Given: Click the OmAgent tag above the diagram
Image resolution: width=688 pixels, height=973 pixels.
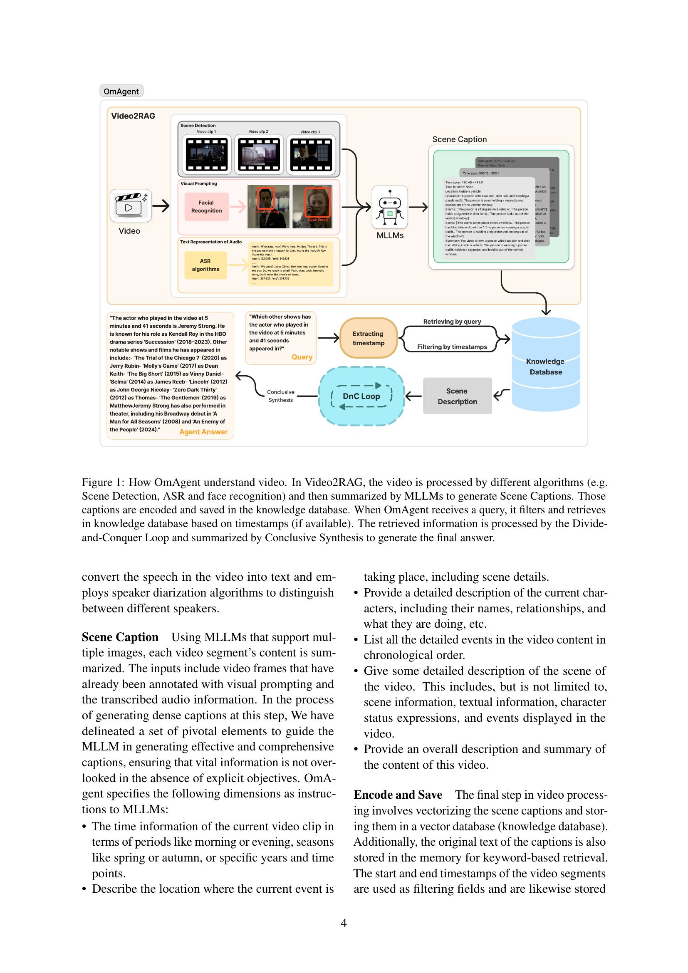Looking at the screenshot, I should (x=121, y=91).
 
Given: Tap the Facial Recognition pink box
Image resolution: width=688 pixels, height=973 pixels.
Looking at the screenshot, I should (x=206, y=207).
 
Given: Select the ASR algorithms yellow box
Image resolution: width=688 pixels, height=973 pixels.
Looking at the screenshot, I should (x=205, y=265).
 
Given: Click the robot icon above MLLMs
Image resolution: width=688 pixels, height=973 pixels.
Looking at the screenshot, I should (x=390, y=207).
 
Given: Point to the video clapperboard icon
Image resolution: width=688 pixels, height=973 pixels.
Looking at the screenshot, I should (x=131, y=205).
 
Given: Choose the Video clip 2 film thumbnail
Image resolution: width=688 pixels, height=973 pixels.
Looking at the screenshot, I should (x=258, y=155).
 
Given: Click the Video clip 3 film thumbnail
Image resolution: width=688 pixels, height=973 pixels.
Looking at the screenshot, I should (x=311, y=155).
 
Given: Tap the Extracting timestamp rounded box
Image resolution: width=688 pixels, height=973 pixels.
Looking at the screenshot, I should (x=368, y=338).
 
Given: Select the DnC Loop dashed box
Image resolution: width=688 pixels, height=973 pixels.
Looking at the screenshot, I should (x=361, y=396).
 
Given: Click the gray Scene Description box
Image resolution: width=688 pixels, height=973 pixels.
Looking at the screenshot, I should (x=457, y=396).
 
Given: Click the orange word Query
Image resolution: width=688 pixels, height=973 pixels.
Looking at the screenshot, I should (x=302, y=357).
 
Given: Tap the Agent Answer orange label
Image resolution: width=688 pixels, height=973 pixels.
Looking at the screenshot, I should (x=203, y=432).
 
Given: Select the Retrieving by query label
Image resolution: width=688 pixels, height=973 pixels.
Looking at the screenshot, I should (x=452, y=322).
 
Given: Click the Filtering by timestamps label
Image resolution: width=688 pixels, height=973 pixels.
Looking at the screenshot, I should (x=452, y=347).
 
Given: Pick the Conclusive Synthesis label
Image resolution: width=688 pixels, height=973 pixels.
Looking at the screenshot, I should (x=280, y=396).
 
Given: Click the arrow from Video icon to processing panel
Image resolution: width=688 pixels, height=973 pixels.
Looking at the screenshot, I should (x=161, y=206).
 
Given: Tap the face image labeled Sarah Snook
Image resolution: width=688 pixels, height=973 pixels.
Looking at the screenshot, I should (x=312, y=206).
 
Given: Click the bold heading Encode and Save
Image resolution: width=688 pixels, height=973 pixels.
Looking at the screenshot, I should (x=398, y=795).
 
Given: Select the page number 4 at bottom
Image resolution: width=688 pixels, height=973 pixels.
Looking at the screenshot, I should (x=344, y=923).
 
